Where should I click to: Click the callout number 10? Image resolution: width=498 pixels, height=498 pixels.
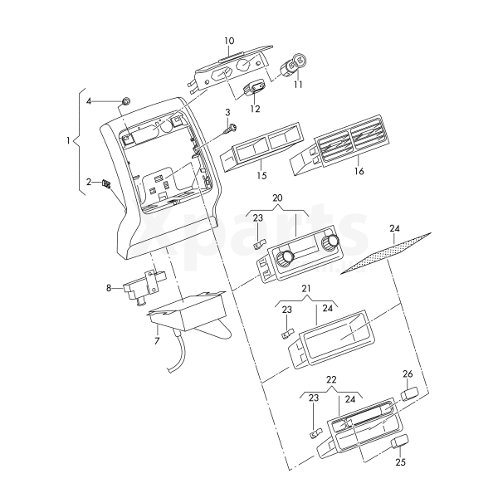pyautogui.click(x=229, y=41)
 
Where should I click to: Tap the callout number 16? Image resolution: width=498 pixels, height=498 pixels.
pyautogui.click(x=359, y=171)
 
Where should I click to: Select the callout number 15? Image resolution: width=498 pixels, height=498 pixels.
pyautogui.click(x=261, y=176)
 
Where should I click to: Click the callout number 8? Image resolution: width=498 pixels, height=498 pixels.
pyautogui.click(x=108, y=288)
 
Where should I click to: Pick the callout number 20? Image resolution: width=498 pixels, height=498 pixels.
pyautogui.click(x=277, y=200)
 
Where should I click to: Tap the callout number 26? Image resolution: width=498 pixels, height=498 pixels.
pyautogui.click(x=407, y=373)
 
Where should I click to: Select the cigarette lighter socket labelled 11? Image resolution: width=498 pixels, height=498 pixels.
pyautogui.click(x=295, y=63)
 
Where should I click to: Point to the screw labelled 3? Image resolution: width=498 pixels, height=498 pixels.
pyautogui.click(x=232, y=127)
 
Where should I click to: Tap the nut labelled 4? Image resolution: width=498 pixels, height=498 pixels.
pyautogui.click(x=124, y=101)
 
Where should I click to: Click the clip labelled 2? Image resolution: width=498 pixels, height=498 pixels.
pyautogui.click(x=106, y=184)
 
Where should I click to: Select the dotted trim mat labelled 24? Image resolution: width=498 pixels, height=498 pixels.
pyautogui.click(x=387, y=252)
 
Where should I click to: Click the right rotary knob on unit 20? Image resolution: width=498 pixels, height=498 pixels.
pyautogui.click(x=332, y=242)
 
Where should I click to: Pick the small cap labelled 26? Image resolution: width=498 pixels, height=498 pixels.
pyautogui.click(x=409, y=393)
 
